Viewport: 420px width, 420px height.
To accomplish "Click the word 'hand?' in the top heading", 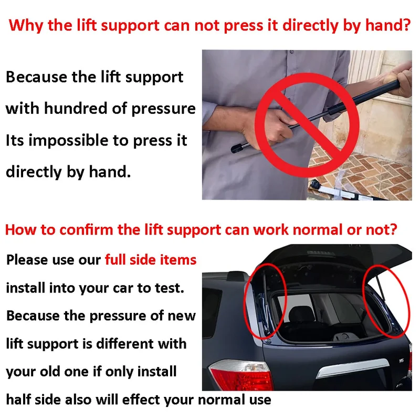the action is click(388, 25).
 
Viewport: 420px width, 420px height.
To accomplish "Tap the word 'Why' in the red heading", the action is click(26, 26).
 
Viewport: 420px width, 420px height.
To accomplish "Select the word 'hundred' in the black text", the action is click(76, 108).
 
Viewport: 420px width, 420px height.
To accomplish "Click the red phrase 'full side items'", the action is click(151, 259).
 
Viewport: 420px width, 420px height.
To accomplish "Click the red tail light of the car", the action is click(241, 375).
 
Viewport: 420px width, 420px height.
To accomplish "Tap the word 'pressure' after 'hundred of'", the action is click(163, 109).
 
